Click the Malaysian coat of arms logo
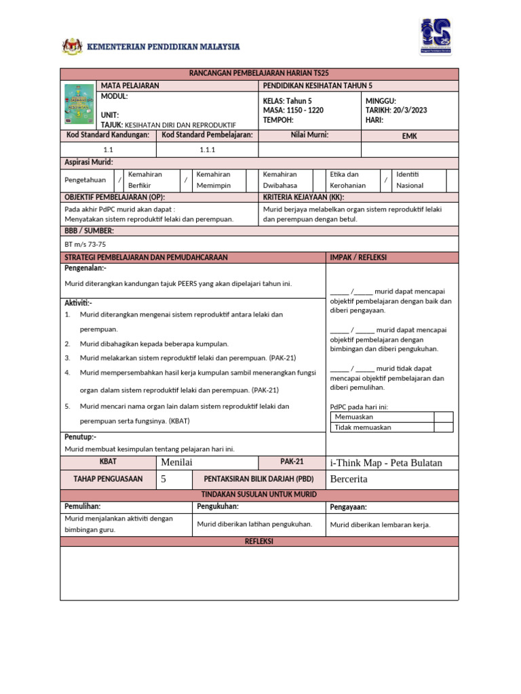click(x=72, y=47)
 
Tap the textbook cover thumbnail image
click(x=80, y=104)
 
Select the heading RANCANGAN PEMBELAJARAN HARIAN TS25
click(x=260, y=73)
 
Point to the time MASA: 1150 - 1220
click(x=293, y=110)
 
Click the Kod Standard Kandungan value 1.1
click(x=109, y=149)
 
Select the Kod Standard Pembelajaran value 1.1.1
click(x=207, y=149)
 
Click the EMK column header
click(x=409, y=136)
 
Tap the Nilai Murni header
click(x=309, y=136)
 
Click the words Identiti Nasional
click(x=410, y=180)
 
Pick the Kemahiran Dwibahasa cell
click(x=280, y=180)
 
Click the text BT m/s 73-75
click(x=85, y=244)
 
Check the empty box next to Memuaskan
click(x=443, y=417)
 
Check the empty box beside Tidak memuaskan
click(x=443, y=427)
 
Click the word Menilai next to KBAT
click(x=178, y=462)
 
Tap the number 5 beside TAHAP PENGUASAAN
click(x=163, y=479)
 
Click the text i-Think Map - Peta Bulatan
click(x=385, y=462)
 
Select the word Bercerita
click(x=349, y=479)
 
